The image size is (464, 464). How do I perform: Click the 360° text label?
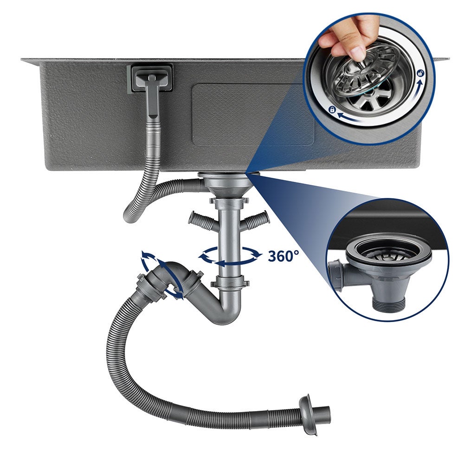tap(283, 256)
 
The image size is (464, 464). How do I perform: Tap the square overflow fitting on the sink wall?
tap(150, 79)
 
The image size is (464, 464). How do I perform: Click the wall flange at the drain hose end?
tap(307, 414)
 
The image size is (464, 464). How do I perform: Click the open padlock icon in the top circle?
tap(420, 73)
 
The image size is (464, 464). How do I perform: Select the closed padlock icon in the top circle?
tap(332, 110)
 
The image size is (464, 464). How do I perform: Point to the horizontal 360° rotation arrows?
tap(230, 255)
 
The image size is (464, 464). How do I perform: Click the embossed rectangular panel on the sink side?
tap(253, 114)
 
